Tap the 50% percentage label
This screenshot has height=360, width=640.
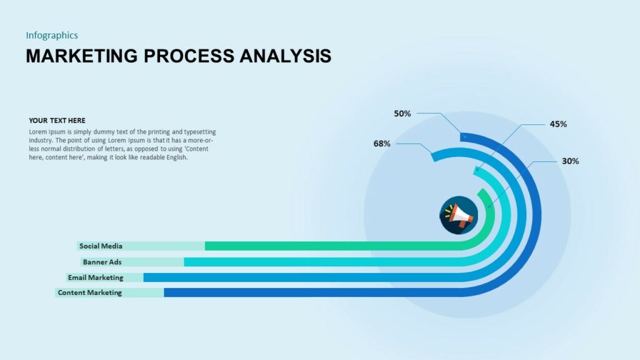point(402,114)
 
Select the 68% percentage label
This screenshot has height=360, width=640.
point(382,144)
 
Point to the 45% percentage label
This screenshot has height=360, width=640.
point(558,124)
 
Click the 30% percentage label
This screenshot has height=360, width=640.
point(570,161)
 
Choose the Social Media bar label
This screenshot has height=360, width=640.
point(101,246)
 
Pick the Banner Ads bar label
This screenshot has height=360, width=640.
point(102,262)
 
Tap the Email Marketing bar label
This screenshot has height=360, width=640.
point(96,277)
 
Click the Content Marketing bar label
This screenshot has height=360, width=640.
point(89,292)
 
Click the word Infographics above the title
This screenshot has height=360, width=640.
point(52,36)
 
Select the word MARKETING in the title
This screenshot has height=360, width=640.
point(82,56)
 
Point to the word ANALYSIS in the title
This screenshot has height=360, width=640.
point(286,56)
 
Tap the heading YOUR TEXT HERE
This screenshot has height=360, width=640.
point(57,121)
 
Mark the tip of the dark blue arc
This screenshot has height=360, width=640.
point(464,137)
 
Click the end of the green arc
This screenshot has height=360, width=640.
point(481,192)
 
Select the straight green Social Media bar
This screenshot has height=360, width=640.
point(331,246)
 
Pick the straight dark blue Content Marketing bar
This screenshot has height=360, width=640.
point(312,292)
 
